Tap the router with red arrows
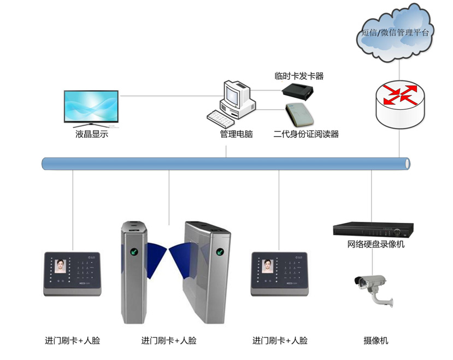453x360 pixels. click(399, 100)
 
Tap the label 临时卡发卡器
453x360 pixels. click(299, 76)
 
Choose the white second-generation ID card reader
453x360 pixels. click(301, 115)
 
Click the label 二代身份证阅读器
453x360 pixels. click(306, 134)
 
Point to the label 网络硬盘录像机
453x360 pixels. click(376, 244)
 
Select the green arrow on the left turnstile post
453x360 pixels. click(133, 253)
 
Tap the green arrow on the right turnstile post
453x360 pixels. click(220, 252)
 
